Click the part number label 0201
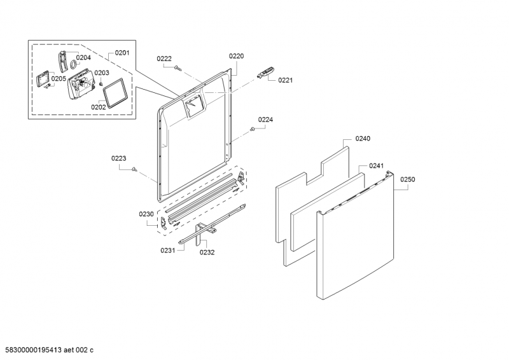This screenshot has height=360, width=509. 122,53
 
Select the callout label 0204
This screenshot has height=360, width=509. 83,57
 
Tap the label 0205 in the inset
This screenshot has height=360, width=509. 59,79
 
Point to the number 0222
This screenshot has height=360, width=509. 164,59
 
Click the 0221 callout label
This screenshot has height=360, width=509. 285,80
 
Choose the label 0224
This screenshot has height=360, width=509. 265,120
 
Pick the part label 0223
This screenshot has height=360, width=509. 118,158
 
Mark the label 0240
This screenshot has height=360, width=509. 363,138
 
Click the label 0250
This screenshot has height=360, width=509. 407,180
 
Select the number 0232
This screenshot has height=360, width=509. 207,252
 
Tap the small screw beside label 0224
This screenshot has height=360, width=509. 253,130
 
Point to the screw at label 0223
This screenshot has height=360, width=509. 135,169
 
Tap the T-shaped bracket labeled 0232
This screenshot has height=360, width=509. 201,232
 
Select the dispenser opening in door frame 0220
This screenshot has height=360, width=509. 192,106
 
